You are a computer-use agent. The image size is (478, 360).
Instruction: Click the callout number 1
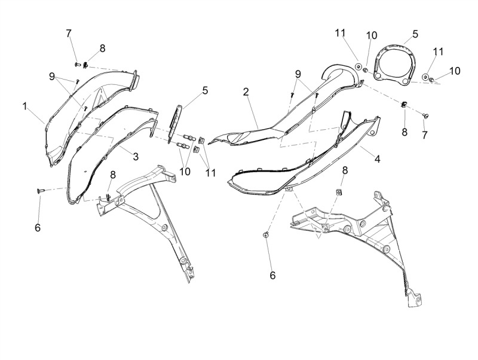click(25, 106)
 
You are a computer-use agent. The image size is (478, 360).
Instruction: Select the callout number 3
click(136, 157)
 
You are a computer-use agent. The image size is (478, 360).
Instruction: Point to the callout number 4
click(378, 158)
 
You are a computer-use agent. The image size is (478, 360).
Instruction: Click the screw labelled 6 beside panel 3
click(40, 191)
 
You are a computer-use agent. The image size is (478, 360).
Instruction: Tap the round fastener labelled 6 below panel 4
click(266, 234)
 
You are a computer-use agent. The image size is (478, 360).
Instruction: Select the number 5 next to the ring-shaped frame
click(415, 34)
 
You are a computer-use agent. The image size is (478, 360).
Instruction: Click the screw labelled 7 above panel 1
click(77, 65)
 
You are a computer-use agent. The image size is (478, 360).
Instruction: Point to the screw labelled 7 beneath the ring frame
click(425, 115)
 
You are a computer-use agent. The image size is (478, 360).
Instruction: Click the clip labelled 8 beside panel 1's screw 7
click(85, 65)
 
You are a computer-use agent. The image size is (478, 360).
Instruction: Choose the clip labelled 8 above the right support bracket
click(338, 192)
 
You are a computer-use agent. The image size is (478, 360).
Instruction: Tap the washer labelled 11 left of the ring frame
click(358, 66)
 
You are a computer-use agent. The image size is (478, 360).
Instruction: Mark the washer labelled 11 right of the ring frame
click(425, 77)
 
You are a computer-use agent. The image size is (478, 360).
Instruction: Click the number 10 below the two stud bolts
click(185, 171)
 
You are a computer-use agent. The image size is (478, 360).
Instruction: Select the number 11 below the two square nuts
click(210, 173)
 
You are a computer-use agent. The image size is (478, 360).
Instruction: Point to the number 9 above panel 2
click(298, 74)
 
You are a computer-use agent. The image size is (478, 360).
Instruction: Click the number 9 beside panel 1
click(52, 77)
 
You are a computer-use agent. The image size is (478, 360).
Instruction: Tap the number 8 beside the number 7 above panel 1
click(102, 48)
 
